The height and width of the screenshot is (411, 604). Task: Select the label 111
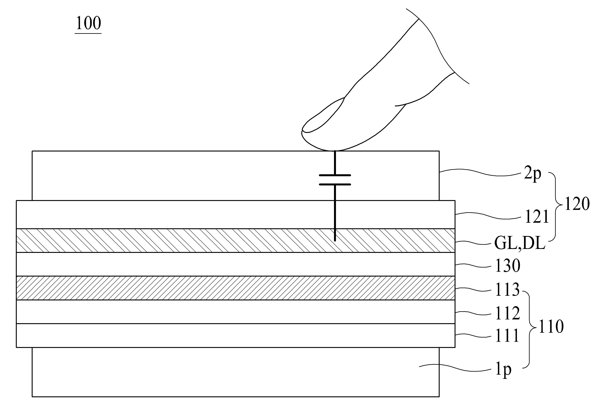(x=507, y=336)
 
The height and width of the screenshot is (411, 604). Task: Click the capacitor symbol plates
(x=335, y=180)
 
